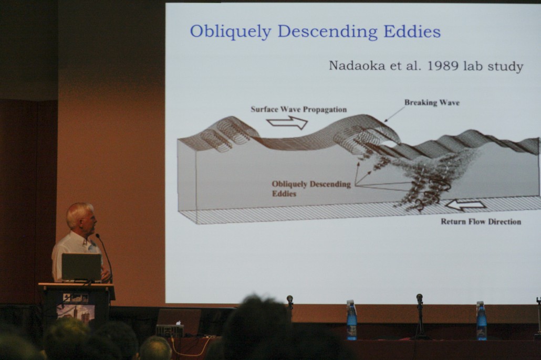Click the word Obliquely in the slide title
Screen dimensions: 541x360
coord(231,31)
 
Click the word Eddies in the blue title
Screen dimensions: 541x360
coord(412,31)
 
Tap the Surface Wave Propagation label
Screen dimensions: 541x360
coord(299,110)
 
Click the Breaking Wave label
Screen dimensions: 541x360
coord(432,102)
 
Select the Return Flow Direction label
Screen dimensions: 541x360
coord(481,222)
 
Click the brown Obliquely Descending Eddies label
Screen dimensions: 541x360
coord(311,188)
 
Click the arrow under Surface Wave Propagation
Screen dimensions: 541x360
coord(287,122)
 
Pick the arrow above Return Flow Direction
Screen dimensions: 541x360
coord(465,205)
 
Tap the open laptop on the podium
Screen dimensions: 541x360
coord(81,268)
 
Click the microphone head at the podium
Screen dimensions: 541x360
coord(98,236)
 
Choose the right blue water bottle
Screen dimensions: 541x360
coord(482,321)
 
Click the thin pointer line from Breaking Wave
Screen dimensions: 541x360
coord(394,114)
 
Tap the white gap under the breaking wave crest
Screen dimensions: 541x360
coord(388,144)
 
